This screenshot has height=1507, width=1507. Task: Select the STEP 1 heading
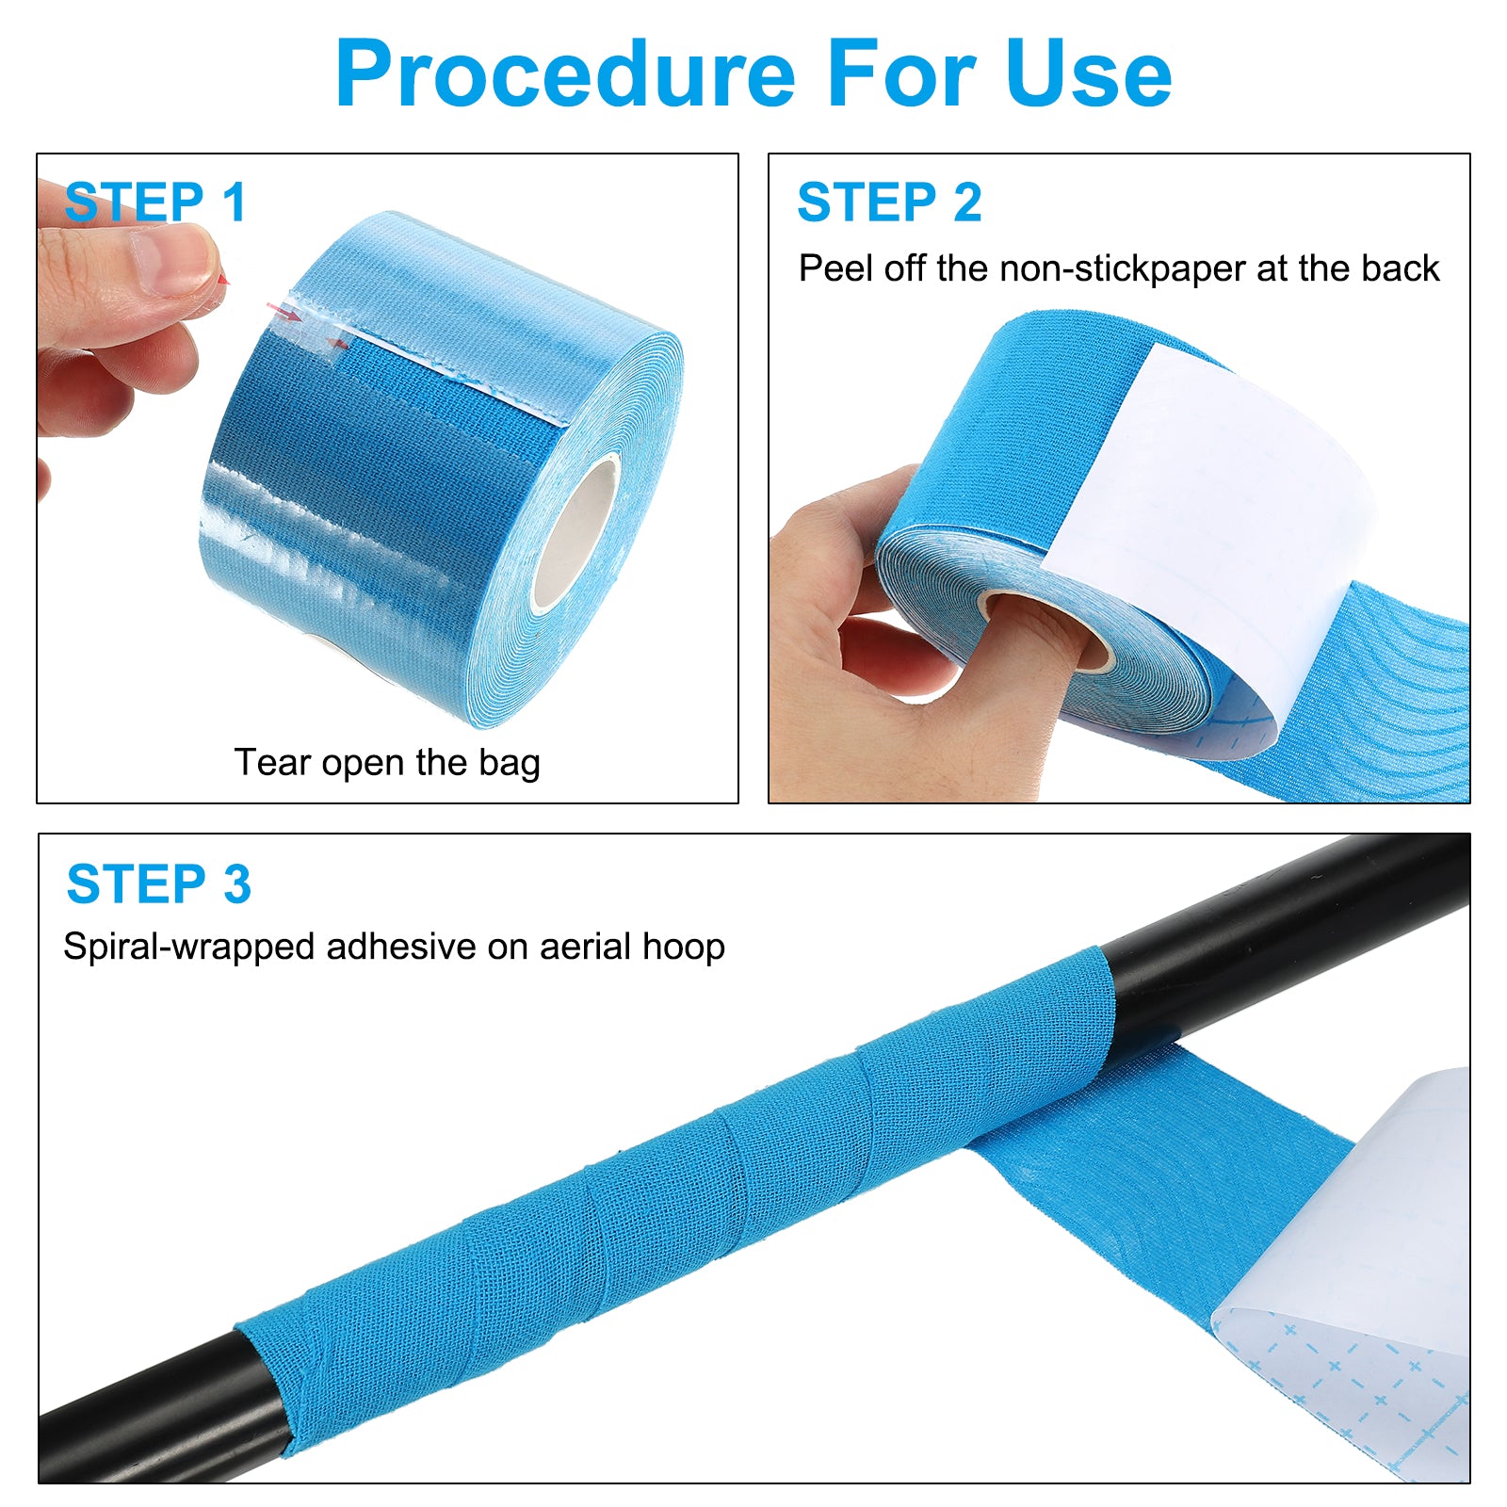click(155, 203)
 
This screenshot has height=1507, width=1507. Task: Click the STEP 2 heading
click(889, 203)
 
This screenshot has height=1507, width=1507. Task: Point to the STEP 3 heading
click(159, 884)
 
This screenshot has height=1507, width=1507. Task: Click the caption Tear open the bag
click(387, 763)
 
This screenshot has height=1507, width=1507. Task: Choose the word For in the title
click(901, 74)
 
